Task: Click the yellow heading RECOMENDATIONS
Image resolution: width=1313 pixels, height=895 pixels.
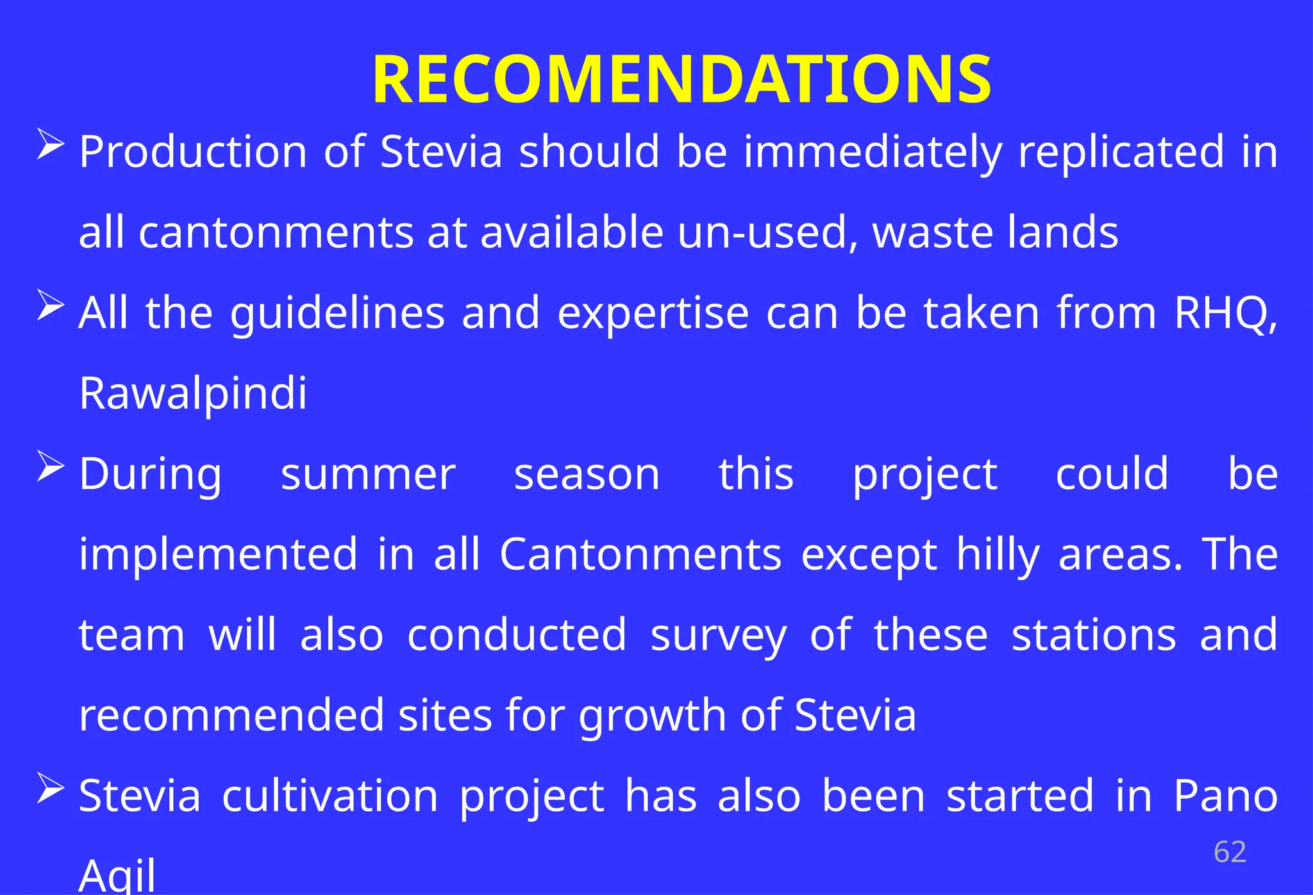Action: (x=682, y=79)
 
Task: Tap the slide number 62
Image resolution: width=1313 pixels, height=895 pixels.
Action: (x=1230, y=852)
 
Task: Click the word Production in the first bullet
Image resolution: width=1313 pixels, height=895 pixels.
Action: (x=193, y=152)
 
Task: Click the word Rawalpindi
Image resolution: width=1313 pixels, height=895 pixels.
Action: (x=193, y=393)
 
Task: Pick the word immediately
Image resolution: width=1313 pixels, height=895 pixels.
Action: (x=873, y=152)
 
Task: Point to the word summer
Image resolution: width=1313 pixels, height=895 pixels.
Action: (x=368, y=475)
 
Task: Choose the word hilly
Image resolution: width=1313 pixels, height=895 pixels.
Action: (x=998, y=555)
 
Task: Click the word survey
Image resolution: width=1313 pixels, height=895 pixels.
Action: (x=718, y=636)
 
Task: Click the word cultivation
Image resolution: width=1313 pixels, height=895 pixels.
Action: (x=330, y=796)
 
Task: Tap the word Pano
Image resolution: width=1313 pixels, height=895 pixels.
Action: (x=1225, y=796)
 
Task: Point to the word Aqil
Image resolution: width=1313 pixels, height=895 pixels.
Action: (x=117, y=875)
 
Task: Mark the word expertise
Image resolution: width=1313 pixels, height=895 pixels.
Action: (x=653, y=313)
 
